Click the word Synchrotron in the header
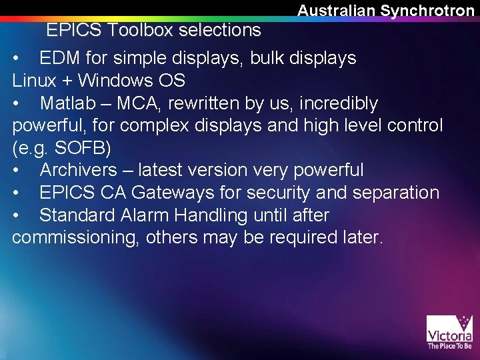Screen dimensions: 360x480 427,11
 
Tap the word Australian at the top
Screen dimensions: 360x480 337,11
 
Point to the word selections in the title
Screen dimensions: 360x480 219,30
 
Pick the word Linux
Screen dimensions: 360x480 31,81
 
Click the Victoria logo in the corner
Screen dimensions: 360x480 449,331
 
